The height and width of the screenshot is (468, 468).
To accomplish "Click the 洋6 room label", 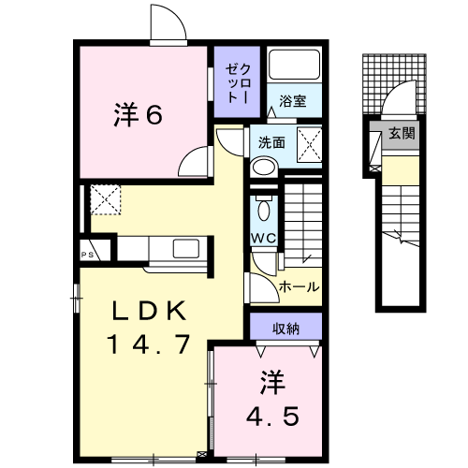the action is click(138, 114).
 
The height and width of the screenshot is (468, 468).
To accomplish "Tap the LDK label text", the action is click(149, 311).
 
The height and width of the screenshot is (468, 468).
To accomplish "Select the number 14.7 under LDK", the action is click(149, 344).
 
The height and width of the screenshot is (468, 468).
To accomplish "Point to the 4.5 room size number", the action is click(272, 416).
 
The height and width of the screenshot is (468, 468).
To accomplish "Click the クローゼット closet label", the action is click(238, 83).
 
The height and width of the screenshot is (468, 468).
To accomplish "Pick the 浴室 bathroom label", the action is click(293, 101).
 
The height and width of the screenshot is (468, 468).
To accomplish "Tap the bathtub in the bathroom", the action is click(294, 65).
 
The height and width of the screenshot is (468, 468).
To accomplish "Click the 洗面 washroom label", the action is click(271, 142).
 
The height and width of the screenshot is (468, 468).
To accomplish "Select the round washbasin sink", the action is click(264, 168).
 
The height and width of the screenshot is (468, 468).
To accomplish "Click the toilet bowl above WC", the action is click(264, 210).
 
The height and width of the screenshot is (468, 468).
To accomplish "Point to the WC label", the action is click(264, 239).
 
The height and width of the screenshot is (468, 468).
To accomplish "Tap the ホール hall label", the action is click(300, 286).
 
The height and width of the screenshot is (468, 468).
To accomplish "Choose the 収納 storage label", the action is click(285, 329).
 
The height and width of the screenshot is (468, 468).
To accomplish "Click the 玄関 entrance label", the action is click(402, 134).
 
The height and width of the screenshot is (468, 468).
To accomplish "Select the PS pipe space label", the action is click(87, 255).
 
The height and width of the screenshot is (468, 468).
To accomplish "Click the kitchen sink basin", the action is click(186, 248).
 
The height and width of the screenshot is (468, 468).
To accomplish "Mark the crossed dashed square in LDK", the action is click(106, 199).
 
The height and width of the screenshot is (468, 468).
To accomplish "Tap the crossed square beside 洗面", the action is click(309, 145).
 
